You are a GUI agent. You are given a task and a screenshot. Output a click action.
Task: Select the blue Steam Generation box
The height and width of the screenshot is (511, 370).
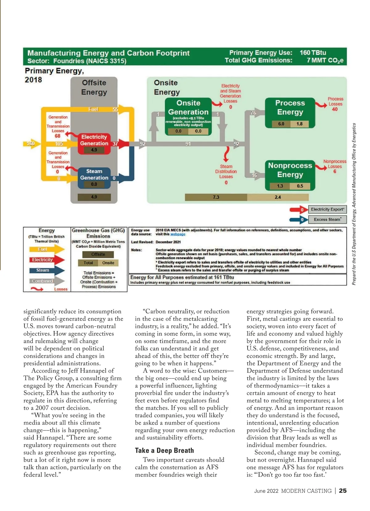94,178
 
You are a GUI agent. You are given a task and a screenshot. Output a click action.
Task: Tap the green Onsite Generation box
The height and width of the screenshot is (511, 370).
188,116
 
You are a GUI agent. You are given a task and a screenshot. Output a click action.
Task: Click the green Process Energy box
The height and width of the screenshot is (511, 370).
290,113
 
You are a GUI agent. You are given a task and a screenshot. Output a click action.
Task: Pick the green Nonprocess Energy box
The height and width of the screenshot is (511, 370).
290,175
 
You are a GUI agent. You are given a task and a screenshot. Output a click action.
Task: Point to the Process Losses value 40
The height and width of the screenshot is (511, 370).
335,109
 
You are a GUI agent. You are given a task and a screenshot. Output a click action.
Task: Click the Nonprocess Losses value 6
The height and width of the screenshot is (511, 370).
335,171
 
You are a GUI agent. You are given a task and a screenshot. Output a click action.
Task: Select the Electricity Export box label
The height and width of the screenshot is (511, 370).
327,209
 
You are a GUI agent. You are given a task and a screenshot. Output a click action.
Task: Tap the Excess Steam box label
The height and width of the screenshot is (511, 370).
327,219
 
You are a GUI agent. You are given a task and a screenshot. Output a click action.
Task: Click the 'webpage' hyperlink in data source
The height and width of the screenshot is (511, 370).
178,234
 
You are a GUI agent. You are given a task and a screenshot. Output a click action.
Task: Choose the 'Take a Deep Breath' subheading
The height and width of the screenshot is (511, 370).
164,451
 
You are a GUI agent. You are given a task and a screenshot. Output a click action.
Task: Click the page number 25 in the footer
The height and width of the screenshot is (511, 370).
343,491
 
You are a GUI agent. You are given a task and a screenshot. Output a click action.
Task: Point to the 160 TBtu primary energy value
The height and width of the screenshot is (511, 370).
313,53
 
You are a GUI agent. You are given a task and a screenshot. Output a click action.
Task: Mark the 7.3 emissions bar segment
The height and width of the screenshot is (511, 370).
216,197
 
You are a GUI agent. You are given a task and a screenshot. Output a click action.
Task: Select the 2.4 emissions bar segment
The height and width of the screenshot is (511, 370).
278,197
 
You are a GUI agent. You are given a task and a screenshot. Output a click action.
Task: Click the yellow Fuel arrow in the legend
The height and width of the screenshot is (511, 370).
46,249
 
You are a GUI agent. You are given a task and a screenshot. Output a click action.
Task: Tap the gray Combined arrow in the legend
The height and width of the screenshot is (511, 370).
46,281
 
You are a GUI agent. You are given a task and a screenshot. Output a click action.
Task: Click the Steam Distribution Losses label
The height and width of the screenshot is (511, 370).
226,171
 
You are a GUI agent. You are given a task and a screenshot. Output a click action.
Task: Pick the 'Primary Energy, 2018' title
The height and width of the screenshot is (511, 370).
54,75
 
